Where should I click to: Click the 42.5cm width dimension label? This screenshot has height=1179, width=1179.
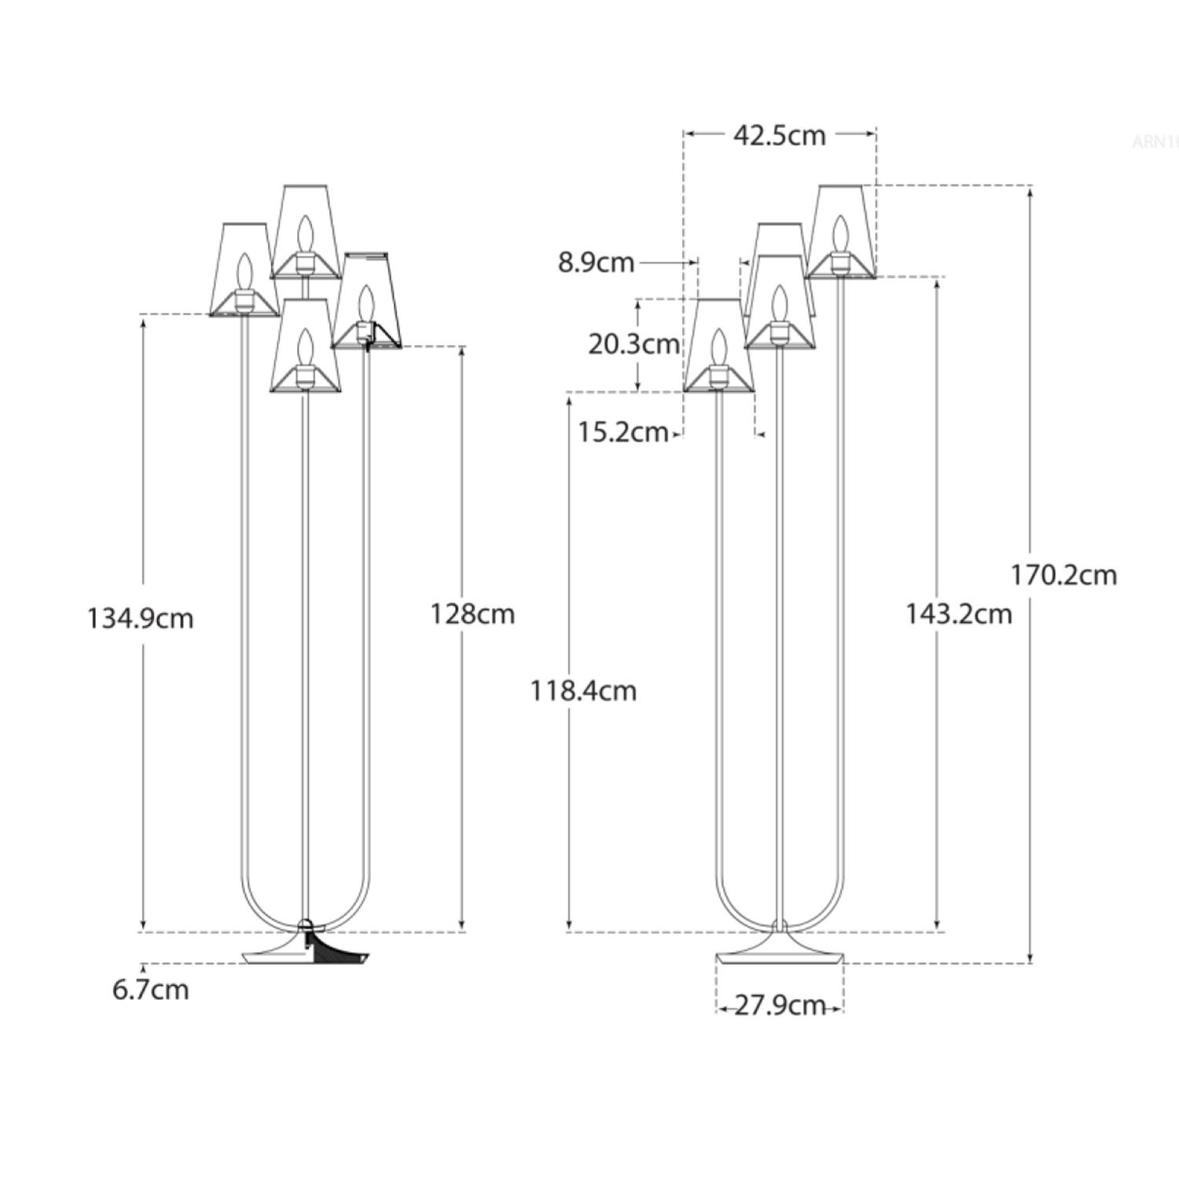click(779, 135)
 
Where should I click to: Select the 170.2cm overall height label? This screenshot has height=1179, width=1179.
click(1063, 575)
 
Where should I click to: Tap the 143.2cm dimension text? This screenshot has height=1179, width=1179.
click(958, 614)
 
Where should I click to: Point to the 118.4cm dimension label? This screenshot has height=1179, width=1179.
click(582, 691)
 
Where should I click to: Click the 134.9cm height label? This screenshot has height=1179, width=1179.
click(140, 619)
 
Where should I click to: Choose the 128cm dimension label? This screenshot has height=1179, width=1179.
click(472, 614)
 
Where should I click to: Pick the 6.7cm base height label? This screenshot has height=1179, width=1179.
click(150, 990)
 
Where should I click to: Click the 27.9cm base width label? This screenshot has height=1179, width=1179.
click(779, 1005)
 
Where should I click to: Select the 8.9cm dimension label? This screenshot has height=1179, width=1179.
click(596, 263)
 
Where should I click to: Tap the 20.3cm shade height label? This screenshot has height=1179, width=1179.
click(634, 344)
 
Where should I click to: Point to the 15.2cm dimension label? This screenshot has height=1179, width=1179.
click(623, 432)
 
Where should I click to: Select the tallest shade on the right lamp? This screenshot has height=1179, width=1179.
click(840, 232)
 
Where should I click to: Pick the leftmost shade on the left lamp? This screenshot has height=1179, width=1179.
click(244, 270)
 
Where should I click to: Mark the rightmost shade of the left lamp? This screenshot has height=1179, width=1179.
click(366, 300)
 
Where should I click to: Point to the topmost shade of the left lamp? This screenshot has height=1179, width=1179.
click(305, 231)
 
